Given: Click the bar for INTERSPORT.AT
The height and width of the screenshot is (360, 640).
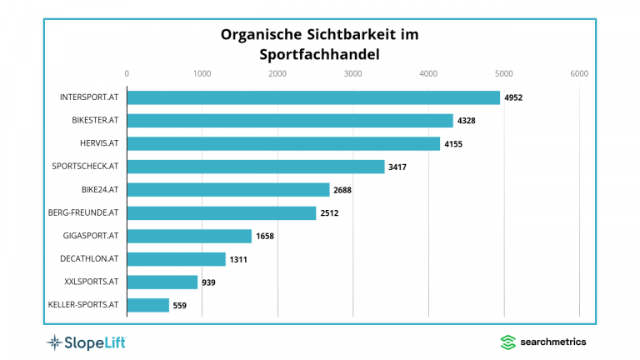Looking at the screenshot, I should click(x=312, y=97).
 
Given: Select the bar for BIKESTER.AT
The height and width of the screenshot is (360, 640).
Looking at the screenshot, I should click(x=289, y=121).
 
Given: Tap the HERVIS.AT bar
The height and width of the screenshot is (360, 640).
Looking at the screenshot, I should click(x=282, y=143).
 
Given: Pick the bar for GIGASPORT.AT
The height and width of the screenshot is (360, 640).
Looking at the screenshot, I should click(x=188, y=236).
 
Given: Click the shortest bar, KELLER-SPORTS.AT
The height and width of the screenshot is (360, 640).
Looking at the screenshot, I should click(x=147, y=305).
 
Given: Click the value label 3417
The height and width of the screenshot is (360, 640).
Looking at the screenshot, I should click(x=398, y=167).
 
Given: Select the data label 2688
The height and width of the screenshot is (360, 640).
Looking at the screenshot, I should click(x=343, y=190).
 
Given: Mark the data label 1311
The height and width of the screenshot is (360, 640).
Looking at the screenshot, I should click(x=238, y=259).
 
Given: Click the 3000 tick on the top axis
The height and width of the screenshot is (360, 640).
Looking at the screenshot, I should click(x=352, y=74).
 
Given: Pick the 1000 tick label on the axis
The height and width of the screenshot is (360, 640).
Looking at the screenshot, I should click(x=202, y=74).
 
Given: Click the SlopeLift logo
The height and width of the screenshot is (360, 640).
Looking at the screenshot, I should click(x=86, y=342).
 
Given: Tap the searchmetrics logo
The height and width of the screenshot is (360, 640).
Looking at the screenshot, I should click(x=542, y=342).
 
